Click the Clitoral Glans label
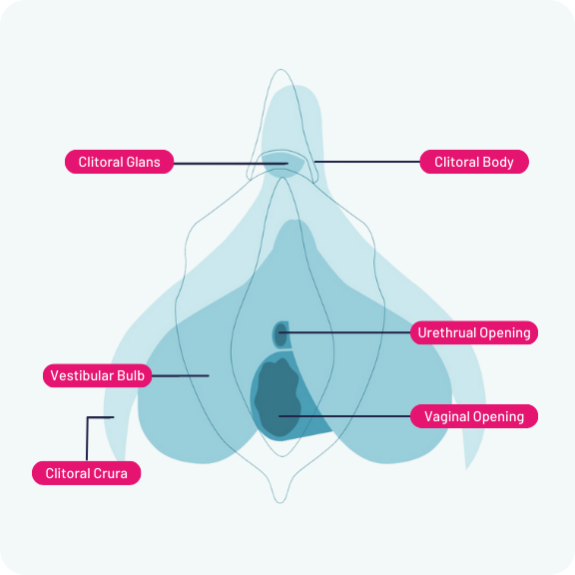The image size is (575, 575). click(119, 162)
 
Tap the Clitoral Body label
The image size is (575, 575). click(474, 162)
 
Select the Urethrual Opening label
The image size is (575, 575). click(474, 332)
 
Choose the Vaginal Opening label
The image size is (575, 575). click(474, 416)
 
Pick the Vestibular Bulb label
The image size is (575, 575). click(97, 375)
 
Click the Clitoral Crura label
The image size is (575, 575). click(86, 473)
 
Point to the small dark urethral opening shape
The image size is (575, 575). click(281, 334)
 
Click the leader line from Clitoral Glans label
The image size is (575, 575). click(231, 164)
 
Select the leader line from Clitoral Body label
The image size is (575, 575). click(367, 162)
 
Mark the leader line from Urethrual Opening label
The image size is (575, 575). click(344, 332)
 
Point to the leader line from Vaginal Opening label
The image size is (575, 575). click(344, 416)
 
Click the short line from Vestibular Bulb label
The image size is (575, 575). click(181, 376)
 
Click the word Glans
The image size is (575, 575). click(144, 162)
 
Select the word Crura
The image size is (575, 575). click(110, 473)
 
